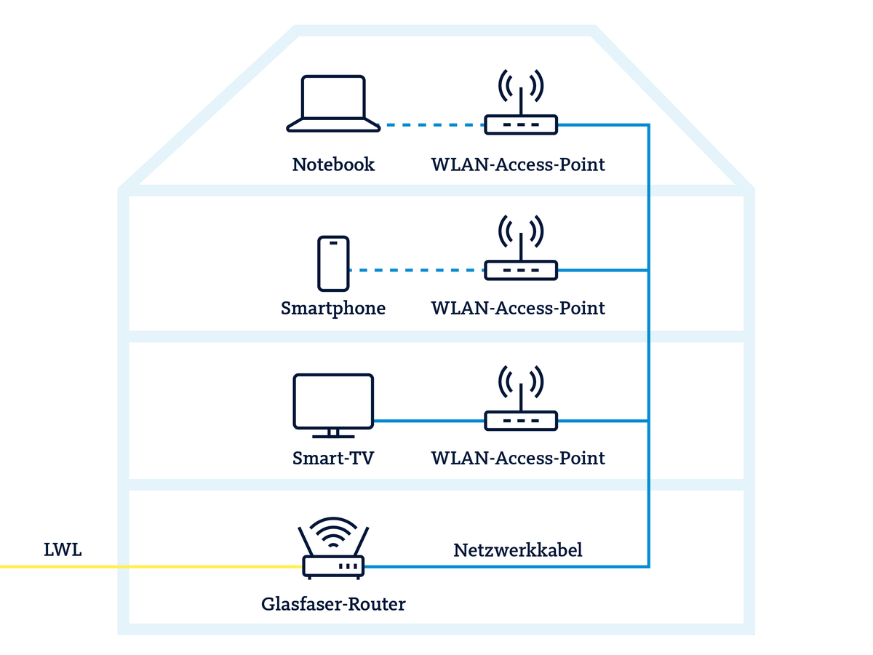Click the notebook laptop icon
point(333,104)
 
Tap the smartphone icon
point(333,263)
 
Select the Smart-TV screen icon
point(333,402)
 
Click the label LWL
point(63,549)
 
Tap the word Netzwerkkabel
point(518,549)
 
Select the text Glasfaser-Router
point(333,604)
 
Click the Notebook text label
point(333,164)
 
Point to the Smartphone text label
point(333,309)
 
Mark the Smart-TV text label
point(333,458)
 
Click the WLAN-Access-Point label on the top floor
point(518,164)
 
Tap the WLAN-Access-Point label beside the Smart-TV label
point(518,458)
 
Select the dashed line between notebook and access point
point(433,125)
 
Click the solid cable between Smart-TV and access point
point(429,421)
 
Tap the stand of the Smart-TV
point(333,434)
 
